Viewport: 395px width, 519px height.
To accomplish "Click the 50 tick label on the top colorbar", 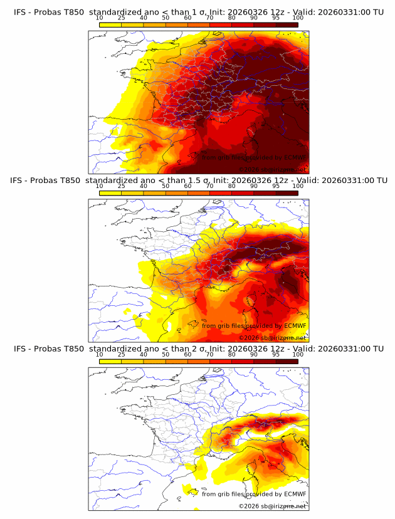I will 166,18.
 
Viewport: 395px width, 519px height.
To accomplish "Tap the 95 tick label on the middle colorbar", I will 276,186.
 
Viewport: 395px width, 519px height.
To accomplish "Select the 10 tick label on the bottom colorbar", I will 100,354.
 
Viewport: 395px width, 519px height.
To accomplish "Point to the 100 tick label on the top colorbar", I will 298,18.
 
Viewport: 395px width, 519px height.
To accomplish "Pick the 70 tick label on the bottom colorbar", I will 210,354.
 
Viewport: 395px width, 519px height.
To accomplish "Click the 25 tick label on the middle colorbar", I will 122,186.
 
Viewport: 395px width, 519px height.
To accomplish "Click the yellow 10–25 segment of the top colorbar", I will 110,24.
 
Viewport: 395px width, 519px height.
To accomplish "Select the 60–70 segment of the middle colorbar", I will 199,192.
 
